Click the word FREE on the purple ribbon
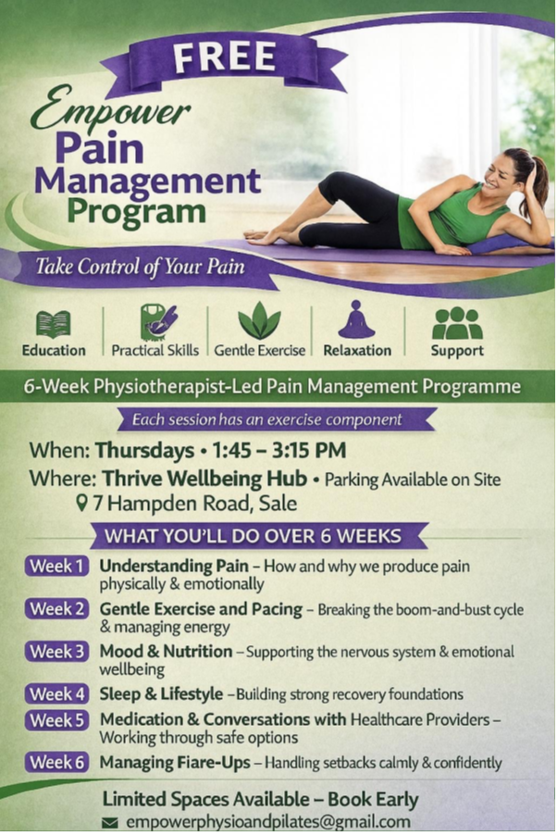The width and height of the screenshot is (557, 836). point(225,57)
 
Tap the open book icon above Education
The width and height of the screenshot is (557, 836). point(54,324)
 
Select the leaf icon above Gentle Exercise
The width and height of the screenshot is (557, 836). point(260,320)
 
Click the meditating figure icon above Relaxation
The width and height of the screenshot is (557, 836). point(356,319)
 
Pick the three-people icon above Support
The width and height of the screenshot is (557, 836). point(457,323)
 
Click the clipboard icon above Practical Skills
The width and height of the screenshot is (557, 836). point(158,322)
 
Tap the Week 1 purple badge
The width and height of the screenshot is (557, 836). point(56,566)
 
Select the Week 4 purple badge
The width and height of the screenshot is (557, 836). point(56,693)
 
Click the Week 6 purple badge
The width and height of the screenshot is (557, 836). point(56,762)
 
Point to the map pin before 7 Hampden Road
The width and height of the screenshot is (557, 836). point(81,503)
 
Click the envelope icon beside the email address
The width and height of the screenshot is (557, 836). point(110,823)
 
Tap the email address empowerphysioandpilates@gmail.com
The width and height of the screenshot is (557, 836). point(268,822)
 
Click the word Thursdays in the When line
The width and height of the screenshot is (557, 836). point(144,451)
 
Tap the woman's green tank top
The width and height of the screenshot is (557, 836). point(448,218)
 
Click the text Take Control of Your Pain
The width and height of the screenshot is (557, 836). point(141,266)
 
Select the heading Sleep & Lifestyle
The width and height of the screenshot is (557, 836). point(161,693)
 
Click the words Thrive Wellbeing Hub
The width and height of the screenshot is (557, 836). point(204,479)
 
